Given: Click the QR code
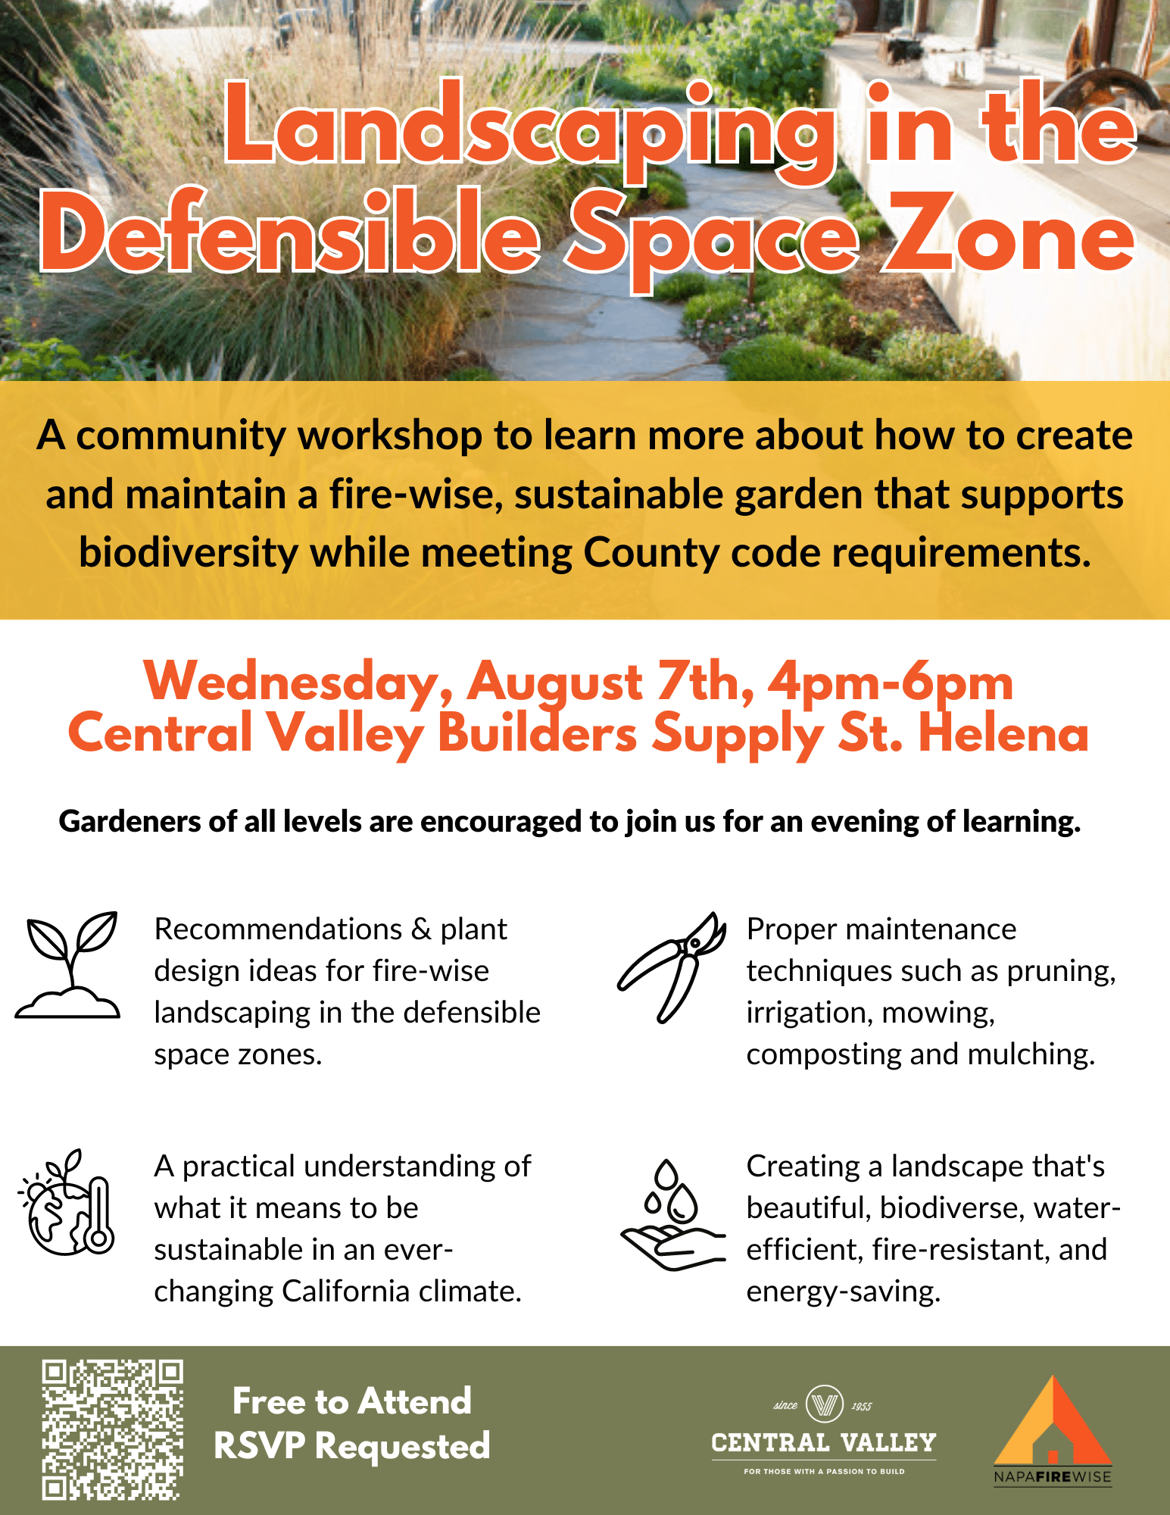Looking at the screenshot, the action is pos(113,1430).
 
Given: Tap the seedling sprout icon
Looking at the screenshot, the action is pos(68,964).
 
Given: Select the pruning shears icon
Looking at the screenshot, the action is pos(672,967).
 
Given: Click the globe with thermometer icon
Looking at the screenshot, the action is pos(67,1202).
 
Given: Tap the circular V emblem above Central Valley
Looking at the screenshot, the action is pos(825,1404).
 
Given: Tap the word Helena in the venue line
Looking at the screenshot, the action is pos(1003,733).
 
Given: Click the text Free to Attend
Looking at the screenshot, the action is pos(352,1401).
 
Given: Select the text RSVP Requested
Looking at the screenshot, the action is pos(352,1445).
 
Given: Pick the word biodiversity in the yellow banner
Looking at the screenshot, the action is pos(189,553).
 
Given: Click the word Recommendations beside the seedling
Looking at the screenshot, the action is pos(279,929).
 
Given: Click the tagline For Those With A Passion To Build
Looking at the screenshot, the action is pos(824,1471).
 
